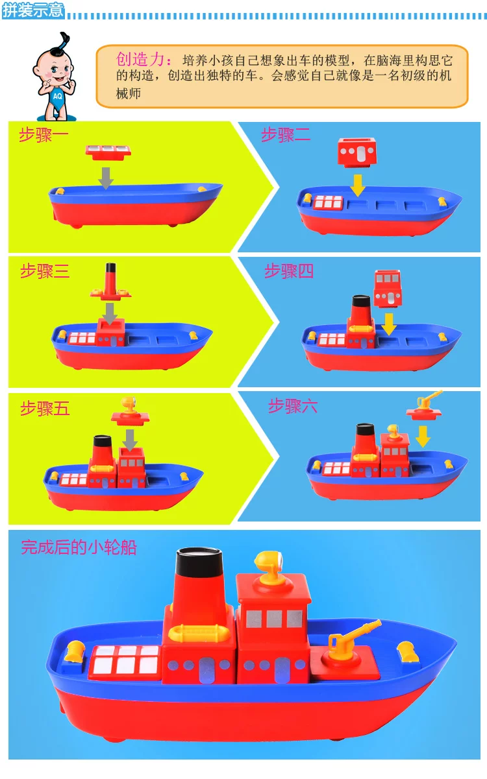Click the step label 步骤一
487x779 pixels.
tap(44, 135)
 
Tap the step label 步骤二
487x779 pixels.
tap(286, 135)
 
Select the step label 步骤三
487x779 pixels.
tap(45, 271)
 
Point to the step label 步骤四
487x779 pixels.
tap(289, 271)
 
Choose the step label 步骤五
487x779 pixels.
tap(45, 408)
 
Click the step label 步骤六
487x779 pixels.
tap(293, 406)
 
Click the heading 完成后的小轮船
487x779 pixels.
tap(79, 547)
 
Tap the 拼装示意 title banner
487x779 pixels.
tap(33, 10)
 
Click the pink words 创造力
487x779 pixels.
tap(140, 59)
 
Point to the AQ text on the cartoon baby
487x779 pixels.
tap(57, 96)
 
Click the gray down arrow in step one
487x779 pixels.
tap(106, 178)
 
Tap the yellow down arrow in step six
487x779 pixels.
tap(423, 437)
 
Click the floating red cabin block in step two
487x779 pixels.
tap(357, 152)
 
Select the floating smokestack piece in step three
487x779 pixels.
tap(110, 282)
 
